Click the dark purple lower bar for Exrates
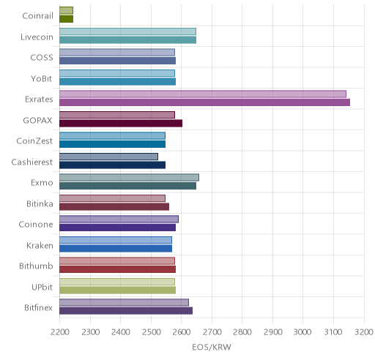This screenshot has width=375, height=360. tap(204, 102)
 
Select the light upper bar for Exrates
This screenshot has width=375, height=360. tap(203, 94)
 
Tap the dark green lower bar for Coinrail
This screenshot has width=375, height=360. tap(66, 19)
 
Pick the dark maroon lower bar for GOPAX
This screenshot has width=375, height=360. tap(121, 124)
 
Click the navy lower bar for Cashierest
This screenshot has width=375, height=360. tap(112, 165)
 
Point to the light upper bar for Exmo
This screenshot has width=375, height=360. tap(129, 178)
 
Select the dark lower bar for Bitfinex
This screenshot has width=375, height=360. tap(126, 311)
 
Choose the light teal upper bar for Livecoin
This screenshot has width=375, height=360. tap(127, 31)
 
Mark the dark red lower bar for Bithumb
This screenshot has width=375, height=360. tap(117, 269)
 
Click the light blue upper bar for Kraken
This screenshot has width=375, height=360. tap(116, 240)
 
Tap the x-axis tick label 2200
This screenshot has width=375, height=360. tap(60, 332)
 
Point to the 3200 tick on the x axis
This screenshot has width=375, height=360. tap(364, 332)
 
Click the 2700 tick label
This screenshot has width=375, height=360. tap(212, 332)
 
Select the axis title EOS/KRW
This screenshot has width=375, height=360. tap(212, 347)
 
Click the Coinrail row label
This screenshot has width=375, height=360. tap(37, 16)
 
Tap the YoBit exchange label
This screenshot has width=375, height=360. tap(42, 78)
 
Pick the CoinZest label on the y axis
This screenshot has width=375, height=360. tap(34, 141)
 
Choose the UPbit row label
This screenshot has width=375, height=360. tap(42, 287)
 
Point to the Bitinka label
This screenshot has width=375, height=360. tap(40, 203)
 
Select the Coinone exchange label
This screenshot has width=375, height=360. tap(36, 225)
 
